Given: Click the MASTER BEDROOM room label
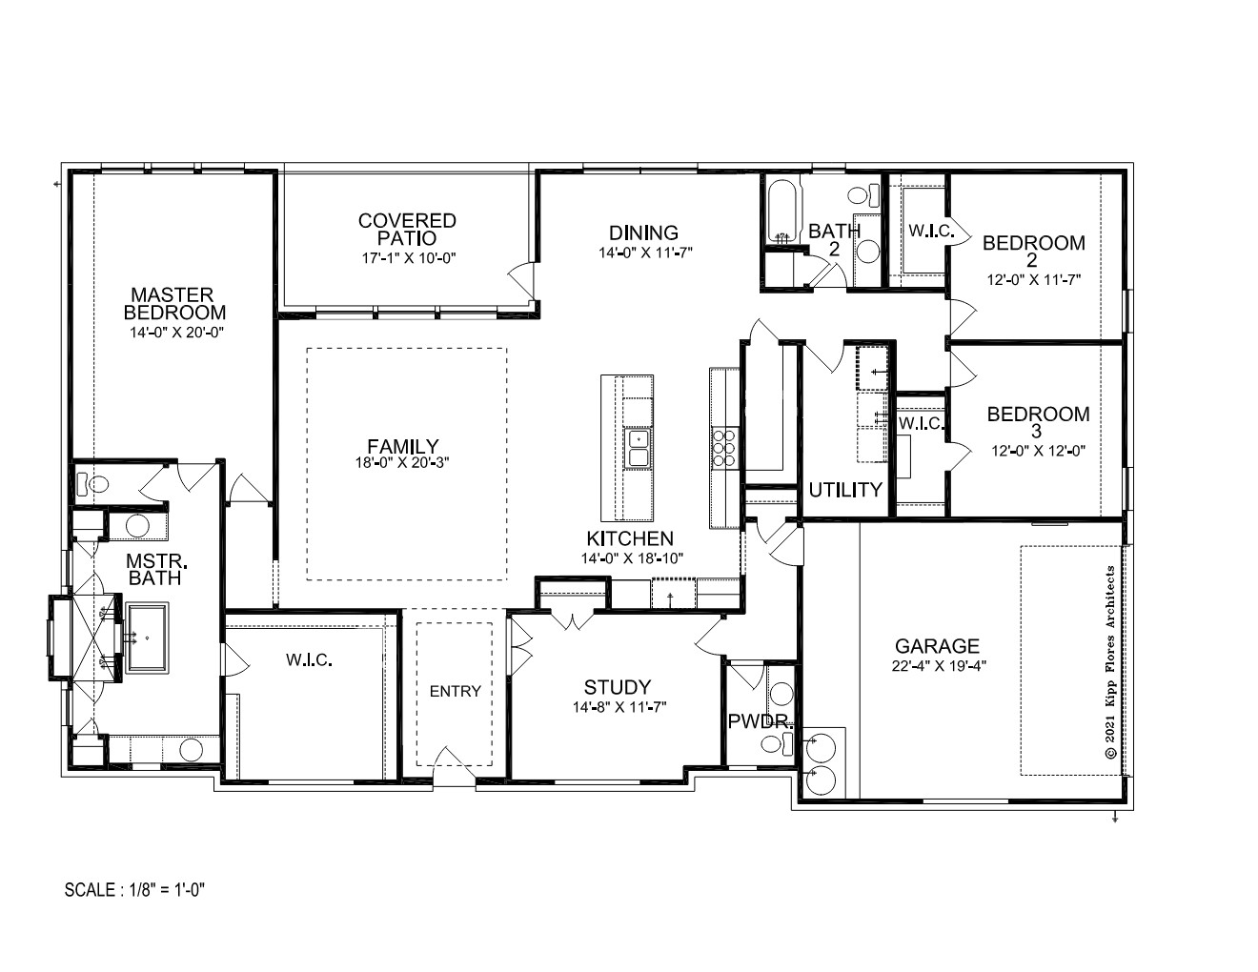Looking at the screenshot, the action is [174, 303].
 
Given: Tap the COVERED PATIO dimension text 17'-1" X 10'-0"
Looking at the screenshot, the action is [409, 258].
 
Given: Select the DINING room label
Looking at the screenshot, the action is [643, 233].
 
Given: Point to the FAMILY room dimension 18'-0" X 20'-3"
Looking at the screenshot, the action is [402, 462].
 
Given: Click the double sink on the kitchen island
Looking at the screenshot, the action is [637, 448].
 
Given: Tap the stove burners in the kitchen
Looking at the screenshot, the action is [724, 447].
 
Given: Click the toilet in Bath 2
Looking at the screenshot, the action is [863, 195].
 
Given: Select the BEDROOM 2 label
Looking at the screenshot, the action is [1033, 252].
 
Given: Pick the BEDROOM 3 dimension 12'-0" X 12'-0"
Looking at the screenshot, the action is [1038, 451].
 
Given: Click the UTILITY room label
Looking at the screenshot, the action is [844, 491].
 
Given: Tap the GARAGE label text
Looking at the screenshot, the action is [937, 645].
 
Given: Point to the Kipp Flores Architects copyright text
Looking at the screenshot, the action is [1109, 662].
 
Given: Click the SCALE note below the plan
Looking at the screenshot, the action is [135, 889].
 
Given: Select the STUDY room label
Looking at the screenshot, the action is [618, 687].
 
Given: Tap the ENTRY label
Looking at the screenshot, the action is [455, 691].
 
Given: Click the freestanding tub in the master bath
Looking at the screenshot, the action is [147, 638].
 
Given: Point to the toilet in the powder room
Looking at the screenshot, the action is [777, 742].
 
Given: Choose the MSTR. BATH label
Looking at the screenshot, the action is [156, 570].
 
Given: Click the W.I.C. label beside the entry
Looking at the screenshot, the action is [309, 659].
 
